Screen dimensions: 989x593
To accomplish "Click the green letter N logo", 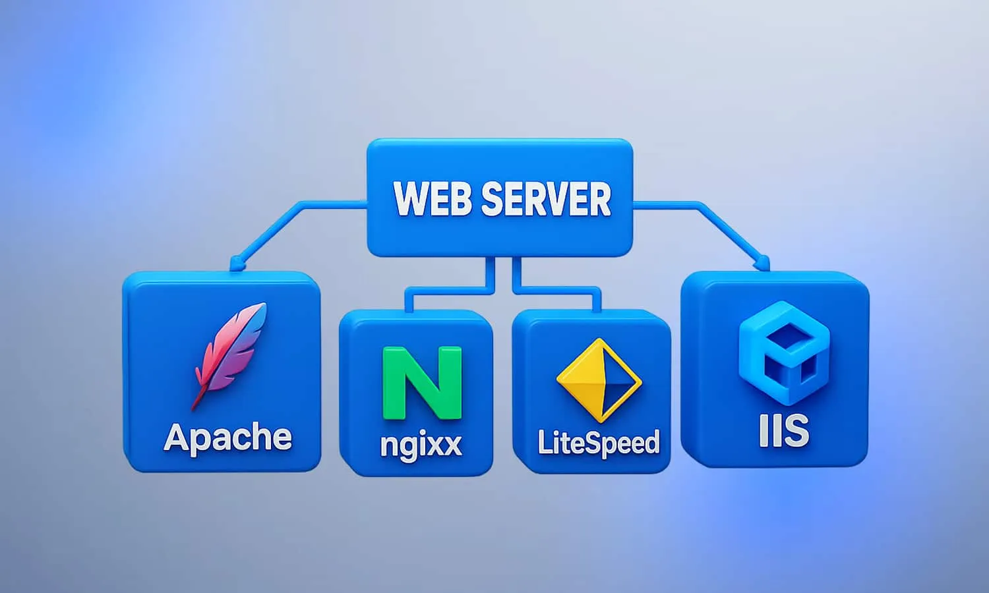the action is click(422, 382).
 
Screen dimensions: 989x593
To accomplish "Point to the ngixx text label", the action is click(421, 444).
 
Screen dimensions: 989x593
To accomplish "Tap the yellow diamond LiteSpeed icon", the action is click(599, 380).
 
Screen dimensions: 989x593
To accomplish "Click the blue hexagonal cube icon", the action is click(784, 353).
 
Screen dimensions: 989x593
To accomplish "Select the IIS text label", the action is click(784, 430).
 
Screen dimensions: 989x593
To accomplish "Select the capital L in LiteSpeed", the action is click(545, 441).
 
